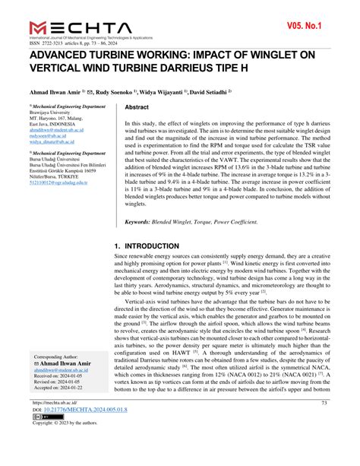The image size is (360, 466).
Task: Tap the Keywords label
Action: tap(147, 221)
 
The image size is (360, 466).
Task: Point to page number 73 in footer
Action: tap(324, 423)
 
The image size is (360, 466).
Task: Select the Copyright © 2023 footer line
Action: tap(68, 446)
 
